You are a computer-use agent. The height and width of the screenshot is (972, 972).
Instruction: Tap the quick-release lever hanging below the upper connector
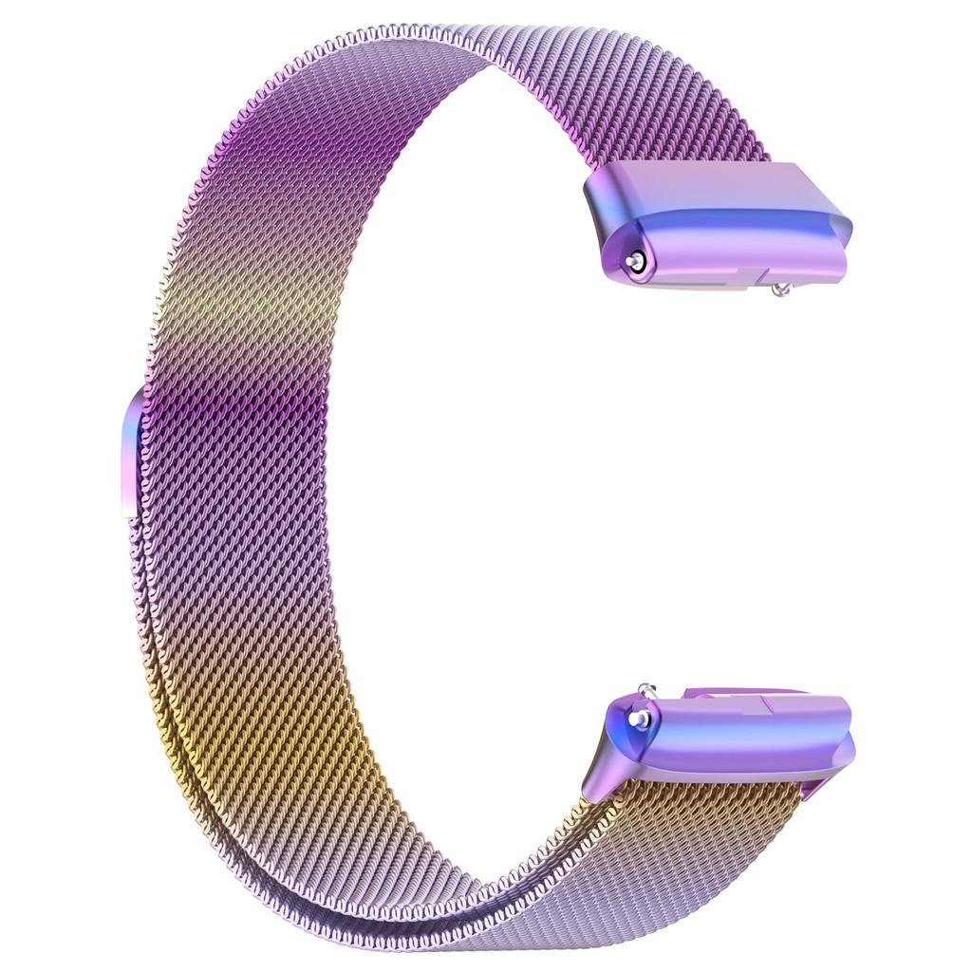tap(781, 289)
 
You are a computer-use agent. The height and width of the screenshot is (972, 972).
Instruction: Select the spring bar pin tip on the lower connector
tap(643, 720)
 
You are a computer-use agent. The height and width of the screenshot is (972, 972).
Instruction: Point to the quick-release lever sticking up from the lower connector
tap(646, 690)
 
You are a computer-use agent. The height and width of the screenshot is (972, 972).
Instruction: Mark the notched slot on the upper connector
tap(750, 276)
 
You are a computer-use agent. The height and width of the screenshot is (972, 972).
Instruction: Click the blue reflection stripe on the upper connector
tap(721, 227)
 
